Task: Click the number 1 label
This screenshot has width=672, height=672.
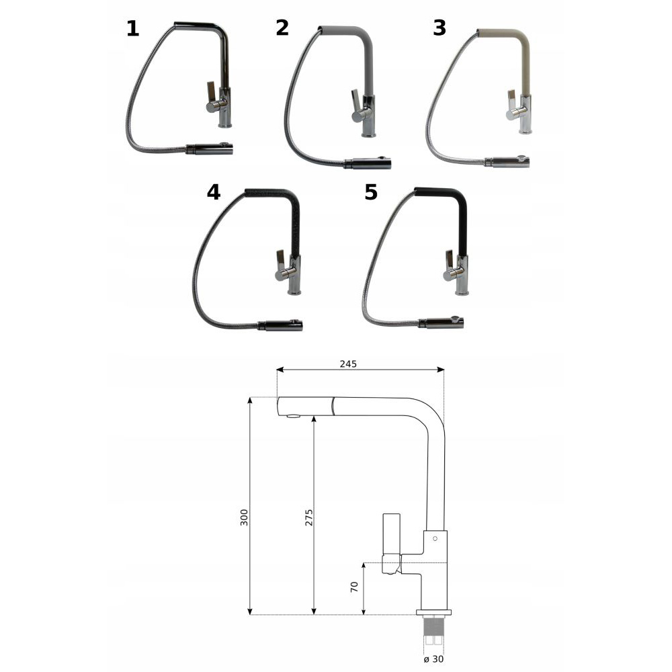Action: (133, 29)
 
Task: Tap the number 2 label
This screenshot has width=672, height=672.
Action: (282, 28)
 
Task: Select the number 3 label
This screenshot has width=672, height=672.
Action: (439, 28)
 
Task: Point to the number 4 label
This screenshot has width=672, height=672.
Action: (214, 192)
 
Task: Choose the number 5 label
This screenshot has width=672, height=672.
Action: (371, 192)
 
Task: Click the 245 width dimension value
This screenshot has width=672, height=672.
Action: (348, 364)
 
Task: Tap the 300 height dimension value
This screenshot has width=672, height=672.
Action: (244, 517)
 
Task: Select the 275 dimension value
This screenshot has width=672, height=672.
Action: (309, 517)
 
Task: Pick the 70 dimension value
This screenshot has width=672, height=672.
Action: (354, 587)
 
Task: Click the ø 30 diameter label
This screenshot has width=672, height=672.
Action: (433, 659)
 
